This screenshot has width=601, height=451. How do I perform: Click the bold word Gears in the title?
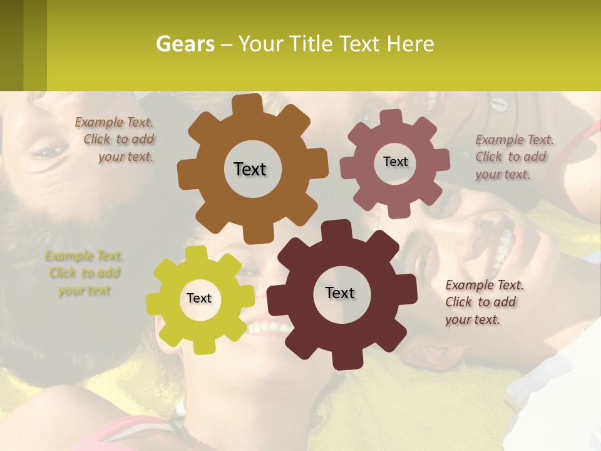click(184, 44)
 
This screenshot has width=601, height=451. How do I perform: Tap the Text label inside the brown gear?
click(250, 169)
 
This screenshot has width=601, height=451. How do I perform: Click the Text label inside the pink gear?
click(395, 162)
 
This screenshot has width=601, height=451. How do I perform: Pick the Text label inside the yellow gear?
click(199, 298)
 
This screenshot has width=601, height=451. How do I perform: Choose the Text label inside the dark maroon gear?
click(340, 293)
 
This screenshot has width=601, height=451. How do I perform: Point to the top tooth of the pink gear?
click(391, 117)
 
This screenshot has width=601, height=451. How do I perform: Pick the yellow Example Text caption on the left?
click(84, 272)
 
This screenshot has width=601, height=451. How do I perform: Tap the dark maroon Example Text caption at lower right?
click(483, 302)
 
